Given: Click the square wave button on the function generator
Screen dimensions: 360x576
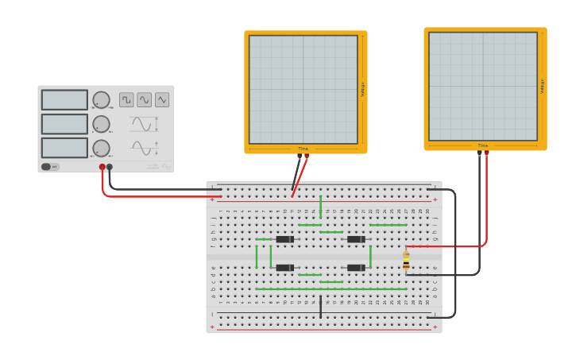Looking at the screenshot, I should (x=126, y=99).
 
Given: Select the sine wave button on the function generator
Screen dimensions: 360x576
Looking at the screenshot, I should (x=144, y=99).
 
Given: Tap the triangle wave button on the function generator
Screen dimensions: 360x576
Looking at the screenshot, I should (x=162, y=99).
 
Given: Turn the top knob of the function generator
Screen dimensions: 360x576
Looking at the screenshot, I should (x=101, y=99).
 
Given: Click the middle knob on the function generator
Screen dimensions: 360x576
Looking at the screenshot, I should (x=101, y=124).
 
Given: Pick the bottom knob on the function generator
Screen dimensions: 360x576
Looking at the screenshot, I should (x=101, y=148).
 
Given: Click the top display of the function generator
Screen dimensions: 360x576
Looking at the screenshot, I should (x=64, y=99).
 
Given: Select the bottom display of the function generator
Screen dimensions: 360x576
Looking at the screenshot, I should (x=64, y=148).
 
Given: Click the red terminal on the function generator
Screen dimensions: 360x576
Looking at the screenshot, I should (x=102, y=167).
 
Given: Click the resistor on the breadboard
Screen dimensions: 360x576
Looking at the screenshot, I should (x=406, y=260).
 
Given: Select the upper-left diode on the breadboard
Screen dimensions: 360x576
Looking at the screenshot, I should (x=284, y=239).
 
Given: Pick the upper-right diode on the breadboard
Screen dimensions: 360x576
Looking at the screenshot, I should (x=356, y=239).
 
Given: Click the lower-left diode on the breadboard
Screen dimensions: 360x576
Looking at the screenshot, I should (x=284, y=268).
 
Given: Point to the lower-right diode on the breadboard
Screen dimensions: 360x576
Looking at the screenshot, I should (x=356, y=268).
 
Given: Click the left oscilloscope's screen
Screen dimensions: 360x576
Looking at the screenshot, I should (x=303, y=89).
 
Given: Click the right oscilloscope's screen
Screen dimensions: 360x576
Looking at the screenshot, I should (x=483, y=86).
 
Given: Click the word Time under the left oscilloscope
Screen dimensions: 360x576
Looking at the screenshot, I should (x=303, y=149).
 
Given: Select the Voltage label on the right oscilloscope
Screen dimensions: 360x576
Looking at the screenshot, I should (x=543, y=86).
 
